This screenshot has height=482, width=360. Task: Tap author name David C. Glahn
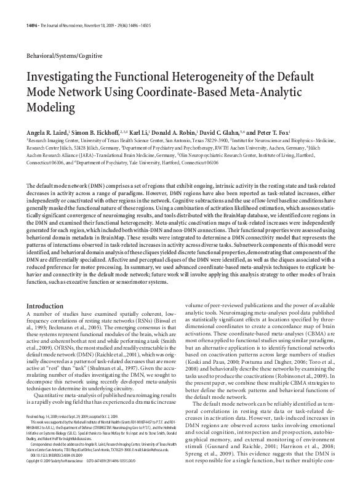tap(236, 132)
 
